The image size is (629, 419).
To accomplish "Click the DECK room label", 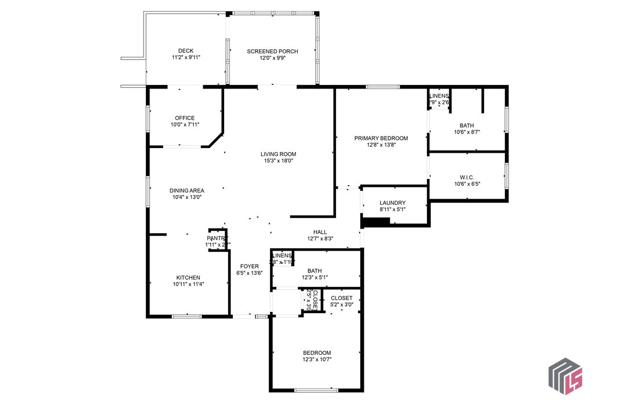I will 186,50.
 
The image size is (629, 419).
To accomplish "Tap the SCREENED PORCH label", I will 272,52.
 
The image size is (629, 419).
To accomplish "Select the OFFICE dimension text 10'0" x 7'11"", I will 185,124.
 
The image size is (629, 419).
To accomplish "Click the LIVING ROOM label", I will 278,154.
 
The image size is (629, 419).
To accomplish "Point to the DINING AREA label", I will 186,190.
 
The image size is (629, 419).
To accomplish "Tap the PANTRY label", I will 217,238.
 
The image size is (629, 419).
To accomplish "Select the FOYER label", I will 250,266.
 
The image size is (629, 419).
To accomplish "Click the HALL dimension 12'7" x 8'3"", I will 320,238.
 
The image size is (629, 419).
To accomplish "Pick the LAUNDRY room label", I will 392,203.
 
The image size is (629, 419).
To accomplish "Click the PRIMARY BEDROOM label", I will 381,138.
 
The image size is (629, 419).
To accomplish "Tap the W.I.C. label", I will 467,177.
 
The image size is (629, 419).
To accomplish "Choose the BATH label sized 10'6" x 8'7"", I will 467,125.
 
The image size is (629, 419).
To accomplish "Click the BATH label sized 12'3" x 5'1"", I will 314,270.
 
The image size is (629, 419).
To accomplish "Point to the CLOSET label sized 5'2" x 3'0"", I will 341,298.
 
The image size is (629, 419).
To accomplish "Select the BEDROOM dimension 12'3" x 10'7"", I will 317,359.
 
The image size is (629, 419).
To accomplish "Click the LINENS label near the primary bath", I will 439,96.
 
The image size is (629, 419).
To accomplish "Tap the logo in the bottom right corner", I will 565,377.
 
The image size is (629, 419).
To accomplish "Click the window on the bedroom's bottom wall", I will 316,391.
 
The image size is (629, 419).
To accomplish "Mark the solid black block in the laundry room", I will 375,222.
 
